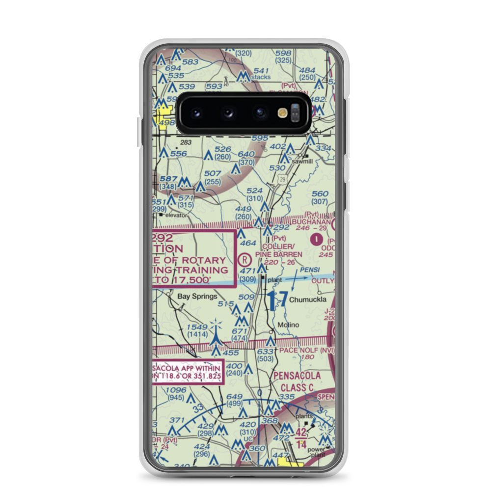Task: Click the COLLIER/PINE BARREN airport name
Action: coord(278,250)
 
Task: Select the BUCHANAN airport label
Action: coord(311,222)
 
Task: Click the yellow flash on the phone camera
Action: coord(282,112)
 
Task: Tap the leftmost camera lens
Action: coord(196,112)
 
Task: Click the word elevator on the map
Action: coord(176,215)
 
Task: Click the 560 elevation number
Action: coord(320,194)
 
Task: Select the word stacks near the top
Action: coord(261,78)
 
